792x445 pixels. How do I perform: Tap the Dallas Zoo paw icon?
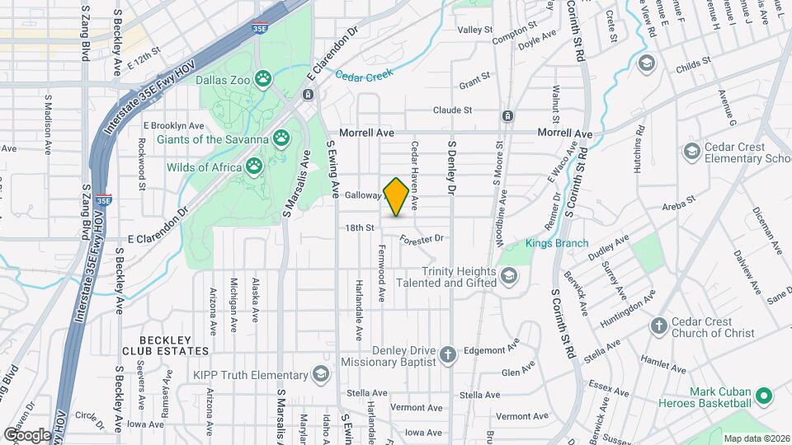pyautogui.click(x=263, y=80)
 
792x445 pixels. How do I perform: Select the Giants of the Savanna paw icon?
pyautogui.click(x=282, y=139)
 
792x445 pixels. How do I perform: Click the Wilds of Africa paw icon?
pyautogui.click(x=254, y=167)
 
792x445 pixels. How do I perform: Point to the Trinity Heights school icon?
pyautogui.click(x=509, y=276)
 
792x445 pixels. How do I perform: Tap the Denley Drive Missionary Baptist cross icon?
pyautogui.click(x=447, y=355)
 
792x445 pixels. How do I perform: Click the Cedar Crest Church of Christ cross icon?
pyautogui.click(x=658, y=326)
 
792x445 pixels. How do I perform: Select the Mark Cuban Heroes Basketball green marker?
pyautogui.click(x=763, y=396)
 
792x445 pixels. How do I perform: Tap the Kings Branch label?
pyautogui.click(x=558, y=243)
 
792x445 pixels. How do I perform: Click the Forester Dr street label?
pyautogui.click(x=422, y=239)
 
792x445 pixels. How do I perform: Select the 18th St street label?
pyautogui.click(x=360, y=227)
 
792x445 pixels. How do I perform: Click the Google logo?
pyautogui.click(x=27, y=435)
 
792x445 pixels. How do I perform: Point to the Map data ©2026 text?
pyautogui.click(x=755, y=438)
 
